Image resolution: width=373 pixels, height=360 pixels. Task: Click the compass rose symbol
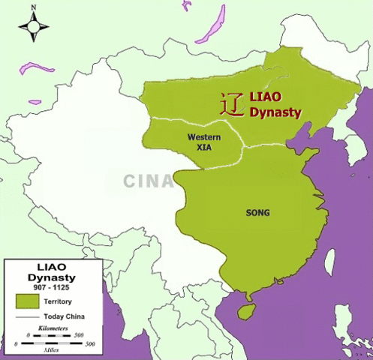(x=33, y=28)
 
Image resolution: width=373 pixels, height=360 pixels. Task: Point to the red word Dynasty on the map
(x=275, y=113)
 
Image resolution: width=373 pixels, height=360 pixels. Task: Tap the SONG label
(x=257, y=213)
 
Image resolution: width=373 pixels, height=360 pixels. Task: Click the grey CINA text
(x=148, y=181)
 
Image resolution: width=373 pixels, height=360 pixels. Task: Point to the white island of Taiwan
(x=328, y=262)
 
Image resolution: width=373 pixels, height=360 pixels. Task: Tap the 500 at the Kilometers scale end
(x=90, y=335)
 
